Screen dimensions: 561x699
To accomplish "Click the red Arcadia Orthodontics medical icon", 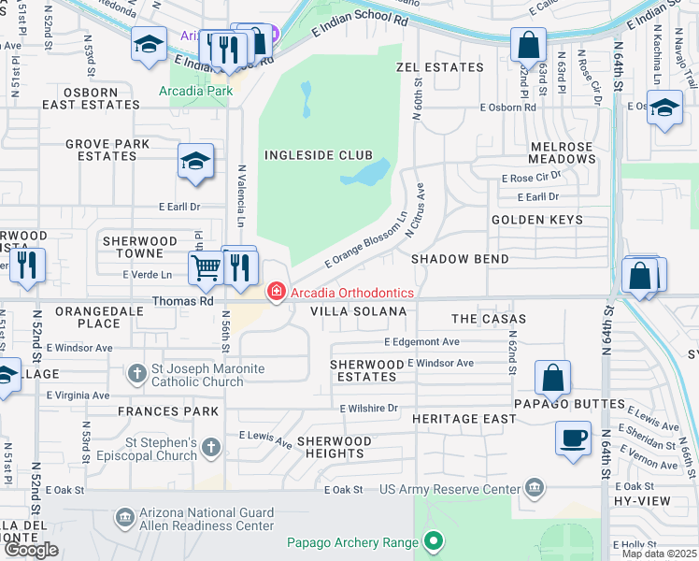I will coord(276,293).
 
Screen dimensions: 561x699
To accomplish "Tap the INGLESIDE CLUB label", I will coord(318,155).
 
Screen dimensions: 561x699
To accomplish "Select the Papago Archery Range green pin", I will coord(432,540).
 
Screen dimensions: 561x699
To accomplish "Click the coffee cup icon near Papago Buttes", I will coord(572,437).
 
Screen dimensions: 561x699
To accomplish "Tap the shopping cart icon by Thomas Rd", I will coord(206,267).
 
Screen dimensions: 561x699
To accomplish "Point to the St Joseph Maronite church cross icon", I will coord(137,374).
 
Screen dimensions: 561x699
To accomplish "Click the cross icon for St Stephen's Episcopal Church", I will coord(211,447).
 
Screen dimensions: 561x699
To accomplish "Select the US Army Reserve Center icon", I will coord(534,487).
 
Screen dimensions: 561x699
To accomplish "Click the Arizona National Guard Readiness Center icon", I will coord(125,518).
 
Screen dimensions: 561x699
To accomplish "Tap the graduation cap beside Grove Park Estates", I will coord(195,162).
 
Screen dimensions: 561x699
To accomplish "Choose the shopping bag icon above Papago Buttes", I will coord(552,377).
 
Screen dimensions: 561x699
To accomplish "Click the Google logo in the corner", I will coord(31,550).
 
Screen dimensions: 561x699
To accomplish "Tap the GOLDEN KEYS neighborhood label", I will coord(537,220).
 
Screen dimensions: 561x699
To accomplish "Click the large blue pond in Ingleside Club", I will coord(367,173).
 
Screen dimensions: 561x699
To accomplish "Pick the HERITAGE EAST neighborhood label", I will coord(464,420).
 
